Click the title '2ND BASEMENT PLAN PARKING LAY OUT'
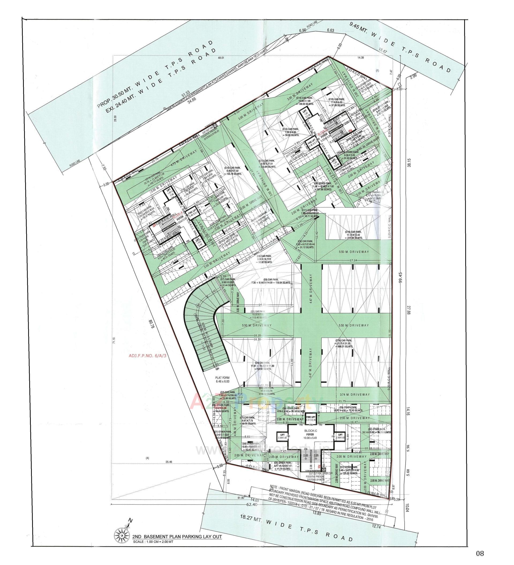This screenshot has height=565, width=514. point(177,537)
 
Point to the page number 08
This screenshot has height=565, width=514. point(480,553)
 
